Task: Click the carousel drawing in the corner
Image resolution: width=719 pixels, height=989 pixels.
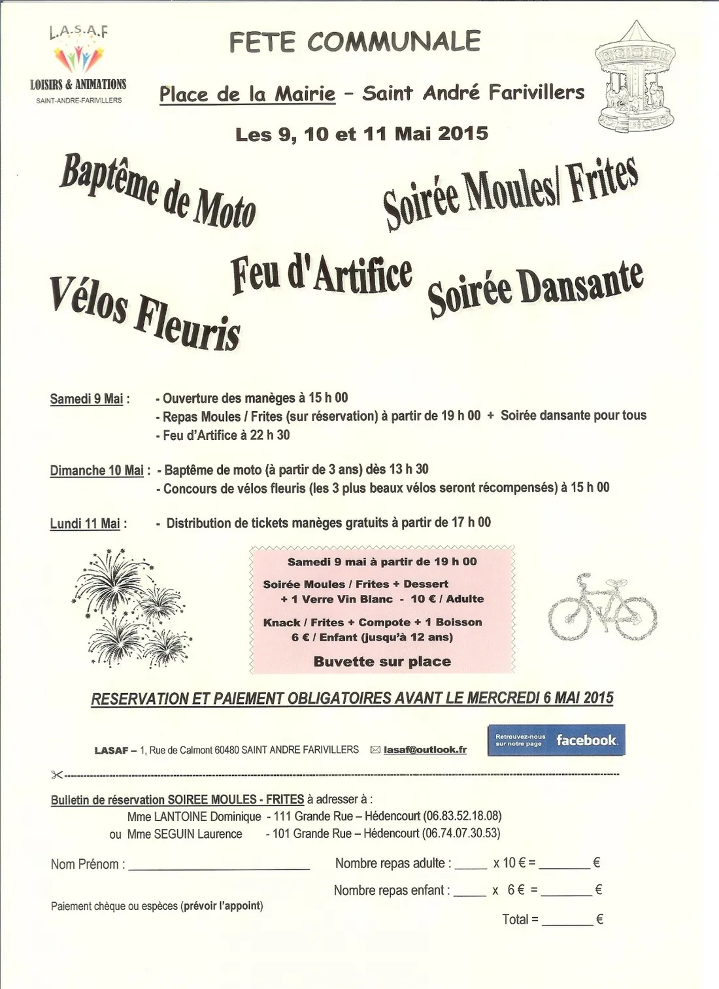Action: pos(635,78)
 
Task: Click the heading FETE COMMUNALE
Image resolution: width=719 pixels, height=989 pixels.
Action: pos(355,42)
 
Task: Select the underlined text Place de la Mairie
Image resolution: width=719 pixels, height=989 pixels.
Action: pos(247,94)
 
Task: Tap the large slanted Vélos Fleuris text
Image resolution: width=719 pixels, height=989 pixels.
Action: pos(145,313)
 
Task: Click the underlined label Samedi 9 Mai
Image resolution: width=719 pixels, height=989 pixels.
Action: pos(86,399)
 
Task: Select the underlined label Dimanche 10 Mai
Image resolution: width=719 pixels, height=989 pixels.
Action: pos(97,471)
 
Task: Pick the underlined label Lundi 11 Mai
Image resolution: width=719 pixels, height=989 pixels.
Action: pos(85,524)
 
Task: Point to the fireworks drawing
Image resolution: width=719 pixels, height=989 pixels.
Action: pos(131,607)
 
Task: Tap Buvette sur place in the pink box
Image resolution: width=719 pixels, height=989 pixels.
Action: pos(382,662)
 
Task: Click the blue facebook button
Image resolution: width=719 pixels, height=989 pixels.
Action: pos(556,740)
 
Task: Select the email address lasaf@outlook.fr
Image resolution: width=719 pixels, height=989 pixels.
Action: pos(425,750)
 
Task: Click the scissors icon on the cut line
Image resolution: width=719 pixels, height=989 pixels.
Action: pos(57,775)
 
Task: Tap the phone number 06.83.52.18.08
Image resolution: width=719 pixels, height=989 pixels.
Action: pos(463,816)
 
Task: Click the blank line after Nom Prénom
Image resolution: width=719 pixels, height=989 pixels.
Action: pos(219,867)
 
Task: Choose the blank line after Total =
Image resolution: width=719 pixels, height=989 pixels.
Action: pos(567,922)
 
